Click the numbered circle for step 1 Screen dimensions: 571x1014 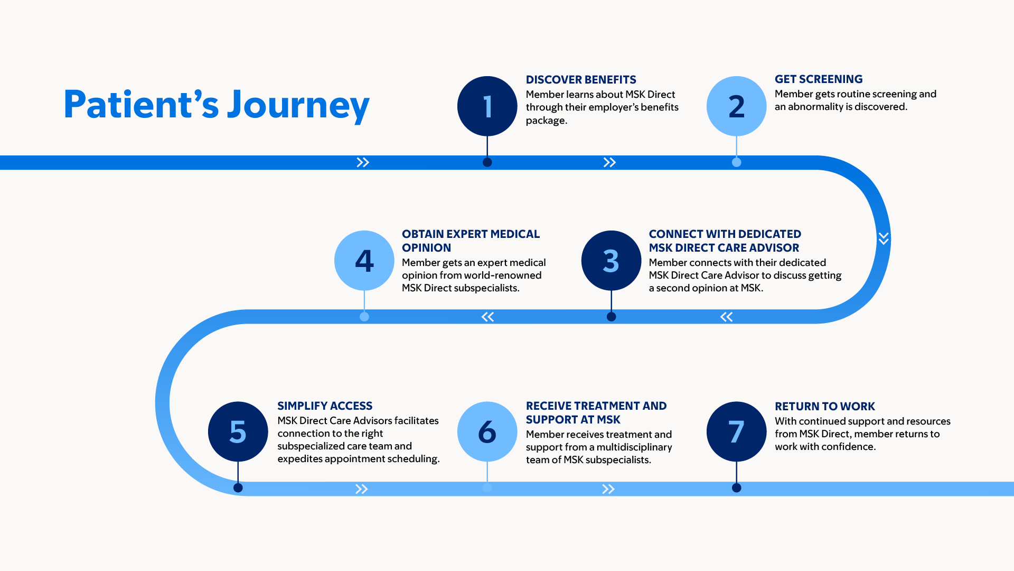tap(487, 106)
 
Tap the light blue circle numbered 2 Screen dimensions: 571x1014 tap(736, 106)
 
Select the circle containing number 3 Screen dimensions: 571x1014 tap(611, 261)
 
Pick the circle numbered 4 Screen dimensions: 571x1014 tap(364, 261)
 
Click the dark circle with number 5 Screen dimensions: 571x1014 tap(238, 431)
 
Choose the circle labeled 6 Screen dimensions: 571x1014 tap(487, 431)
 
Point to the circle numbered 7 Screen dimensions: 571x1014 tap(736, 431)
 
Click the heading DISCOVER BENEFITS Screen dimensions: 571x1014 tap(581, 80)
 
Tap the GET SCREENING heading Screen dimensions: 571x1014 tap(819, 79)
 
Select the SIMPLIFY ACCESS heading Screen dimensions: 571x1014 tap(325, 406)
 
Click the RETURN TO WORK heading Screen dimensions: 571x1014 tap(825, 407)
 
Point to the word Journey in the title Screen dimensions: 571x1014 tap(298, 105)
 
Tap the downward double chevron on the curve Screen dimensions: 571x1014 tap(884, 238)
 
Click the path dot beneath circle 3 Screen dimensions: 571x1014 tap(611, 317)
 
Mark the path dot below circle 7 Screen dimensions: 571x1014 tap(736, 488)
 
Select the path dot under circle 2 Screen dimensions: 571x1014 tap(736, 162)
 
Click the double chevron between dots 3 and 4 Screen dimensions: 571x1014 tap(487, 317)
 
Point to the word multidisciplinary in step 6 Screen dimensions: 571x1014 tap(634, 447)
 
